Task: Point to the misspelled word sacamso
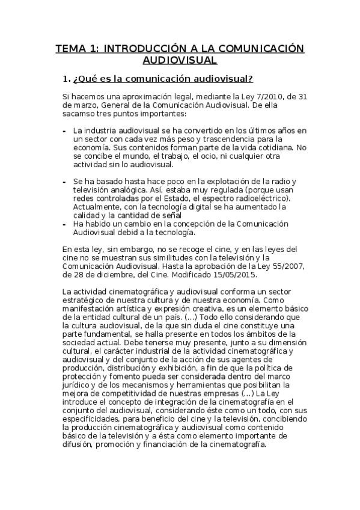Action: pos(79,113)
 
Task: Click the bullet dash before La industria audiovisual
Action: pos(64,131)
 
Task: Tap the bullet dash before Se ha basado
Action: pos(64,182)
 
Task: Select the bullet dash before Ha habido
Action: pos(64,224)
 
